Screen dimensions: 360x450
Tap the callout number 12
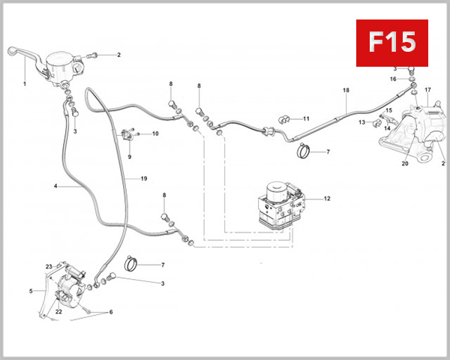point(327,199)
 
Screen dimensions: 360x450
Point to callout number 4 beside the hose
point(55,186)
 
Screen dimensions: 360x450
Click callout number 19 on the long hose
point(143,178)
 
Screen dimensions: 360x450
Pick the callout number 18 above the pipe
point(346,91)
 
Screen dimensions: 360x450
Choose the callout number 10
point(155,134)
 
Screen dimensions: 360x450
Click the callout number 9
point(129,157)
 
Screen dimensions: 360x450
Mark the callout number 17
point(428,90)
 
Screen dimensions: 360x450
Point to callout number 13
point(361,122)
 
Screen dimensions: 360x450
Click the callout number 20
point(405,163)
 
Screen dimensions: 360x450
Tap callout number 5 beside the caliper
point(31,291)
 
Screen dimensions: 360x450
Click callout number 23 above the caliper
point(48,266)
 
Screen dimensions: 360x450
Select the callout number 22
point(58,312)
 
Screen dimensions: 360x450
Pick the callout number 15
point(388,111)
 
